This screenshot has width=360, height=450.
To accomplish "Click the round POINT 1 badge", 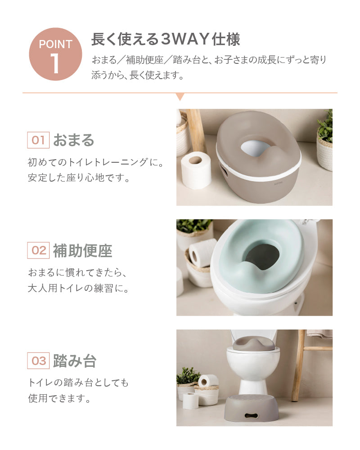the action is pyautogui.click(x=55, y=54).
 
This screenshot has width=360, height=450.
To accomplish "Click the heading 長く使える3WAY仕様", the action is pyautogui.click(x=166, y=39).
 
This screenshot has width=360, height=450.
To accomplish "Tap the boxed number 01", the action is pyautogui.click(x=38, y=140).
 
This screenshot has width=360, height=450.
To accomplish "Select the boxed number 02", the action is pyautogui.click(x=38, y=250).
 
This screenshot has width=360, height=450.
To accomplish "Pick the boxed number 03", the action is pyautogui.click(x=38, y=361).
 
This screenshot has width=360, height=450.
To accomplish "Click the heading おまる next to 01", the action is pyautogui.click(x=74, y=140).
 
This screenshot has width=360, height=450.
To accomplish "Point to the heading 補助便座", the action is pyautogui.click(x=83, y=250).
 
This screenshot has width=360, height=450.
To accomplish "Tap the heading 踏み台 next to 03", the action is pyautogui.click(x=75, y=361).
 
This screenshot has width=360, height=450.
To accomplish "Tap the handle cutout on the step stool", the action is pyautogui.click(x=252, y=415).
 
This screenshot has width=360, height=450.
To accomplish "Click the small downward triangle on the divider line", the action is pyautogui.click(x=180, y=97).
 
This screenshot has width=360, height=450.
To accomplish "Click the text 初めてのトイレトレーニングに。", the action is pyautogui.click(x=96, y=162).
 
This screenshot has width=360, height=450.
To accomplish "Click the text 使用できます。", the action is pyautogui.click(x=59, y=398).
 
